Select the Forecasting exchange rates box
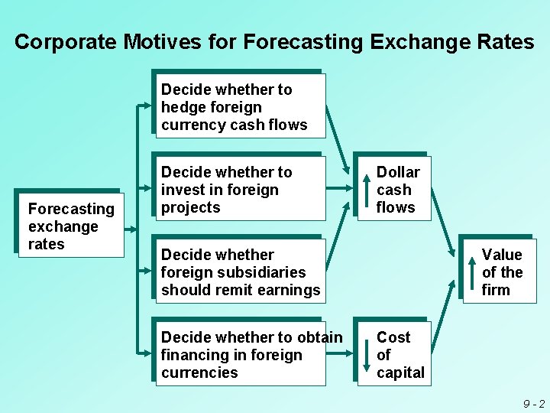[x=70, y=226]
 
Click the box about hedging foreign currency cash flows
[x=240, y=106]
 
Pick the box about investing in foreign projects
[x=240, y=189]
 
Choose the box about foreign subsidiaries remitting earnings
[x=240, y=272]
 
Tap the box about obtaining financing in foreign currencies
[x=240, y=354]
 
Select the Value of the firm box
[x=499, y=272]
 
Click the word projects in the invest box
[x=190, y=207]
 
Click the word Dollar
[x=398, y=172]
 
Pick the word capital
[x=400, y=372]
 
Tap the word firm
[x=496, y=290]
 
